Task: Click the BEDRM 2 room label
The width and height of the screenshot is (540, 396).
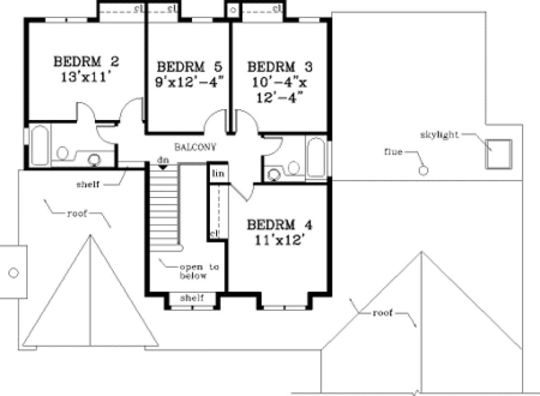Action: pos(86,61)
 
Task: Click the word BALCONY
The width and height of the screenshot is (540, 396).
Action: pos(195,146)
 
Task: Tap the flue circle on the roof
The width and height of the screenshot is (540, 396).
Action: pos(424,171)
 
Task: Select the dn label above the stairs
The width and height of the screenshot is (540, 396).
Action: pos(162,160)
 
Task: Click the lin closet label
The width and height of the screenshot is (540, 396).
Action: pos(216,172)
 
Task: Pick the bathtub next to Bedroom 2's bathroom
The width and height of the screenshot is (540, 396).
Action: pos(40,145)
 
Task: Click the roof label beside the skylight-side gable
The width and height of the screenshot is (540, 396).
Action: pos(382,313)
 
